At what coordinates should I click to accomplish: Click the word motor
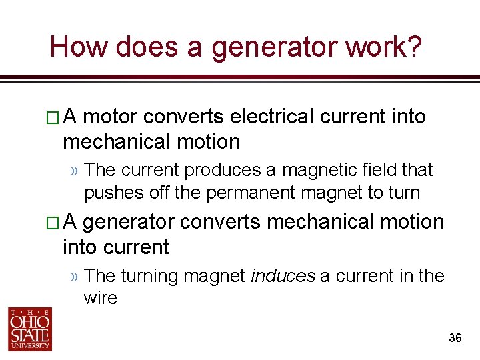click(110, 117)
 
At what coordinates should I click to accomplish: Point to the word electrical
click(271, 117)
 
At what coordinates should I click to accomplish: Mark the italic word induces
click(282, 275)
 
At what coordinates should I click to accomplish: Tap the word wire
click(100, 298)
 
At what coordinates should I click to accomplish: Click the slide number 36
click(455, 339)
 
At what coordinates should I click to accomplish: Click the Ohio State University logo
click(29, 328)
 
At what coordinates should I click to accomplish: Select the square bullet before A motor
click(55, 118)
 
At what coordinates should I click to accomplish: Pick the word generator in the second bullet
click(128, 222)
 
